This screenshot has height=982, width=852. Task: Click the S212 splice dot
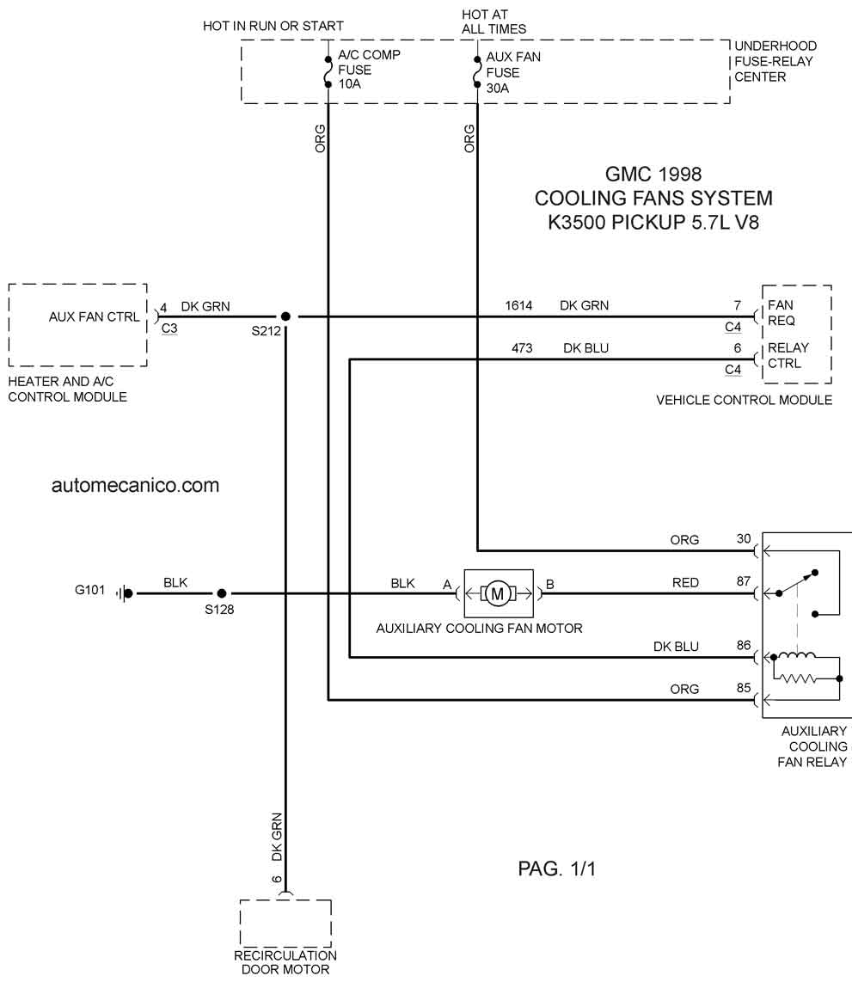click(x=285, y=317)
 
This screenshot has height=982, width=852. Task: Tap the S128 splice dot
click(x=222, y=593)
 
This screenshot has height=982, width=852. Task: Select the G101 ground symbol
click(x=125, y=593)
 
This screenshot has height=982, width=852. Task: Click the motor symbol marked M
click(x=499, y=593)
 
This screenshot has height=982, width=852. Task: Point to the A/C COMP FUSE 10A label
click(x=369, y=70)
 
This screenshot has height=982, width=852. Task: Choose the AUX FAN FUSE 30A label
click(x=512, y=72)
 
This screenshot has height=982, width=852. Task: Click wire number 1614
click(x=518, y=305)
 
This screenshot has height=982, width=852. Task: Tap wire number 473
click(x=522, y=348)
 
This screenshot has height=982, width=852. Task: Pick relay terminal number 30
click(x=743, y=538)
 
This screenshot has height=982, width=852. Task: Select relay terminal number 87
click(x=743, y=581)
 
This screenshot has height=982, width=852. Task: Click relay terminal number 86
click(x=743, y=645)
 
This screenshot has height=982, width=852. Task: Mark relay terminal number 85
click(x=743, y=688)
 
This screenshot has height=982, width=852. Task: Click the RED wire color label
click(x=685, y=582)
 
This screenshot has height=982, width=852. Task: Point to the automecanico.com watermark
click(x=135, y=485)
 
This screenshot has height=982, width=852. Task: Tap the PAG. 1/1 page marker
click(x=556, y=868)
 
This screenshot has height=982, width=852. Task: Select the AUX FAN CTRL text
click(x=94, y=317)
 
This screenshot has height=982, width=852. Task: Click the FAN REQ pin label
click(x=782, y=312)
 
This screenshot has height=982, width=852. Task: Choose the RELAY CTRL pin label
click(x=788, y=355)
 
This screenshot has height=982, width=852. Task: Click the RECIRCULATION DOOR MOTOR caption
click(x=285, y=962)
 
